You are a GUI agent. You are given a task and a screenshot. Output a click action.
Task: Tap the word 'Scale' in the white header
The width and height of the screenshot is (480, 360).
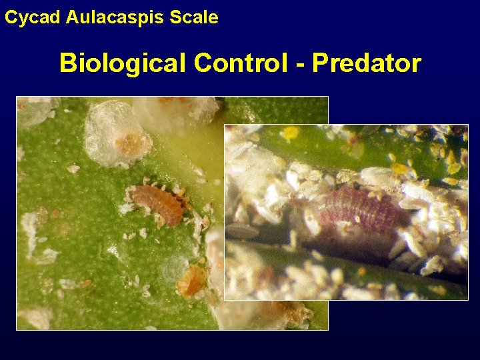click(x=194, y=18)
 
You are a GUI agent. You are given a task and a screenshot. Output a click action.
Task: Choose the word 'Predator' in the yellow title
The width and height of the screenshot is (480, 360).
click(x=367, y=63)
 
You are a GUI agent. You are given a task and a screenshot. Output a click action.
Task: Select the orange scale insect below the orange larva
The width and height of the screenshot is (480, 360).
click(x=191, y=282)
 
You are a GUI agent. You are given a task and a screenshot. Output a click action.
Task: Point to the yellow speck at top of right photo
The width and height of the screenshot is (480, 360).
click(x=291, y=133)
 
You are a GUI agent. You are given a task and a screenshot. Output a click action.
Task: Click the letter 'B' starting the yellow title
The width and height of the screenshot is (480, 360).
click(x=68, y=64)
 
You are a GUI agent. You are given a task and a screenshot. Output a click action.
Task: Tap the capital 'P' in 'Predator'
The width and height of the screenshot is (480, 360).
click(x=322, y=63)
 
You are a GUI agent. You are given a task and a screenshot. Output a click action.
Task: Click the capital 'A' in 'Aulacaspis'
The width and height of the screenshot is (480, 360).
click(x=73, y=18)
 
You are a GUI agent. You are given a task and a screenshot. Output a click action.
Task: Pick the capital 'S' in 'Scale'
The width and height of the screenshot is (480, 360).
click(x=175, y=18)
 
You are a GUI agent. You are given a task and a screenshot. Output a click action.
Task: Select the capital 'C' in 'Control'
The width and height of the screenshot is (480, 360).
click(x=203, y=63)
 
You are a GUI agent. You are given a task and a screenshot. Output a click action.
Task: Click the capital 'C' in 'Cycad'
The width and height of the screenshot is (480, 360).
click(x=11, y=18)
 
